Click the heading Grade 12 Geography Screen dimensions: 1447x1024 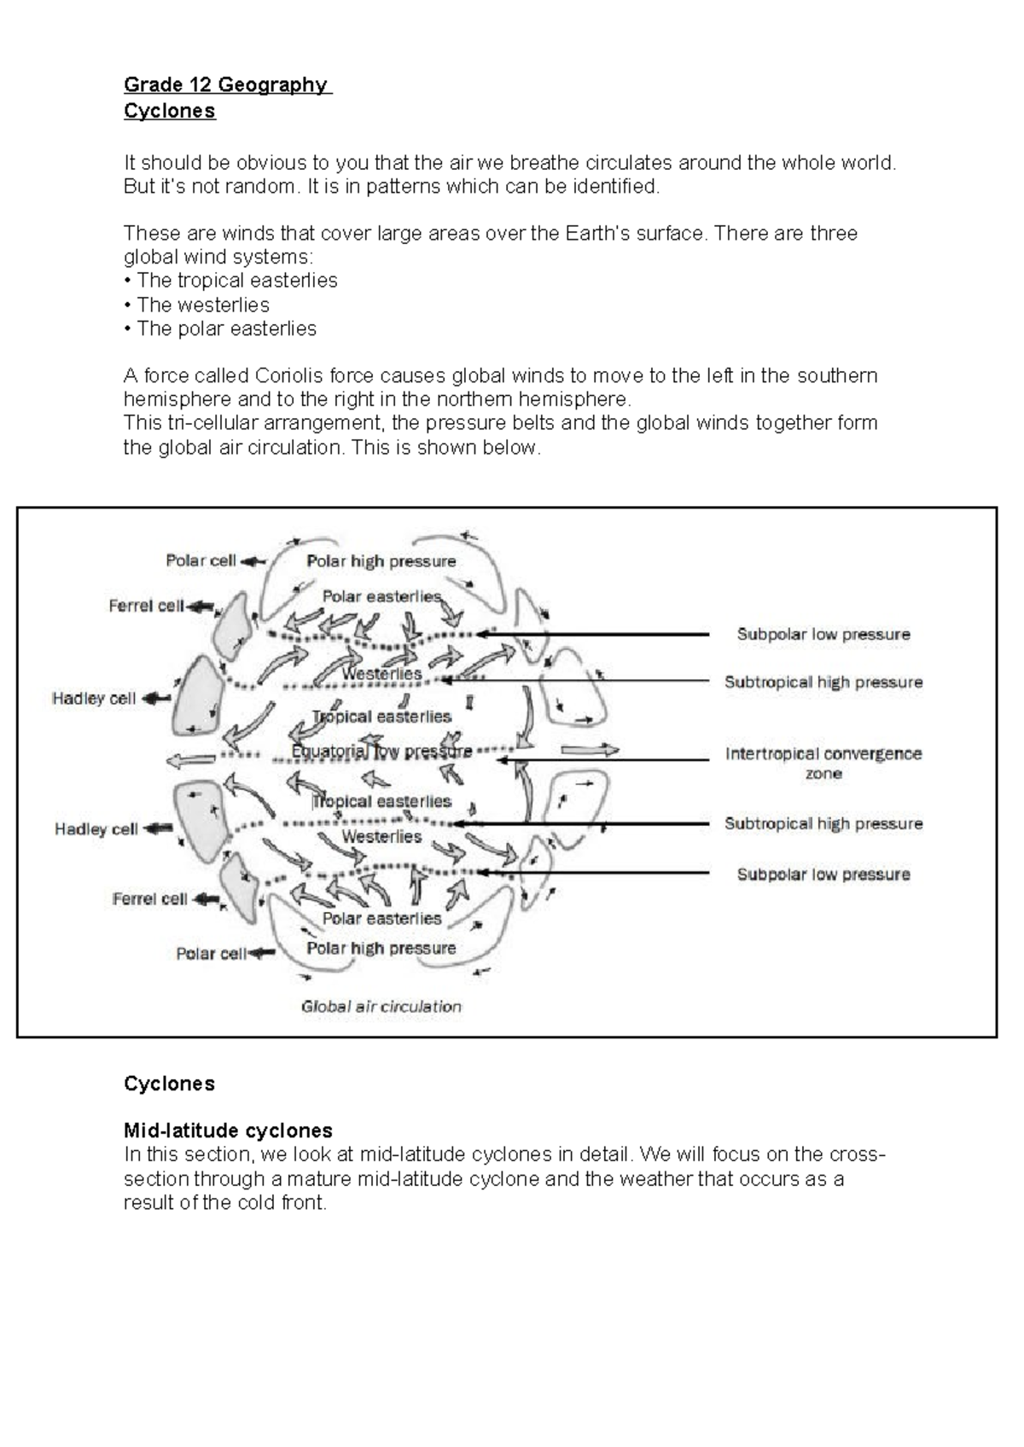226,84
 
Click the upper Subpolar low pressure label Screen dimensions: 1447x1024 823,634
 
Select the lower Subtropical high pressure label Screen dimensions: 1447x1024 823,823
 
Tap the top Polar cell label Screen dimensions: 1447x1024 201,561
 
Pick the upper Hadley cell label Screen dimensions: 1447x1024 94,698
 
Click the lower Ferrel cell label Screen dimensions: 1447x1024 149,898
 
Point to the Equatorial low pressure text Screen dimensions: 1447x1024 381,752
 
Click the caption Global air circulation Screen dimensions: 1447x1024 381,1006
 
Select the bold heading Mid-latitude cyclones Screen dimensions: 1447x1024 228,1130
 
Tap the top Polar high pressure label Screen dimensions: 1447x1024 381,561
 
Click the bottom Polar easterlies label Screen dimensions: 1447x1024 381,918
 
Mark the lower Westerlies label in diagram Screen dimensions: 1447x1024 381,836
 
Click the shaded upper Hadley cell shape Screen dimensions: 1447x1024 197,695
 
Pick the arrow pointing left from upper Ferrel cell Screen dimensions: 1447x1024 201,606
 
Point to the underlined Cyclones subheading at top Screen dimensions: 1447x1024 169,111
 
